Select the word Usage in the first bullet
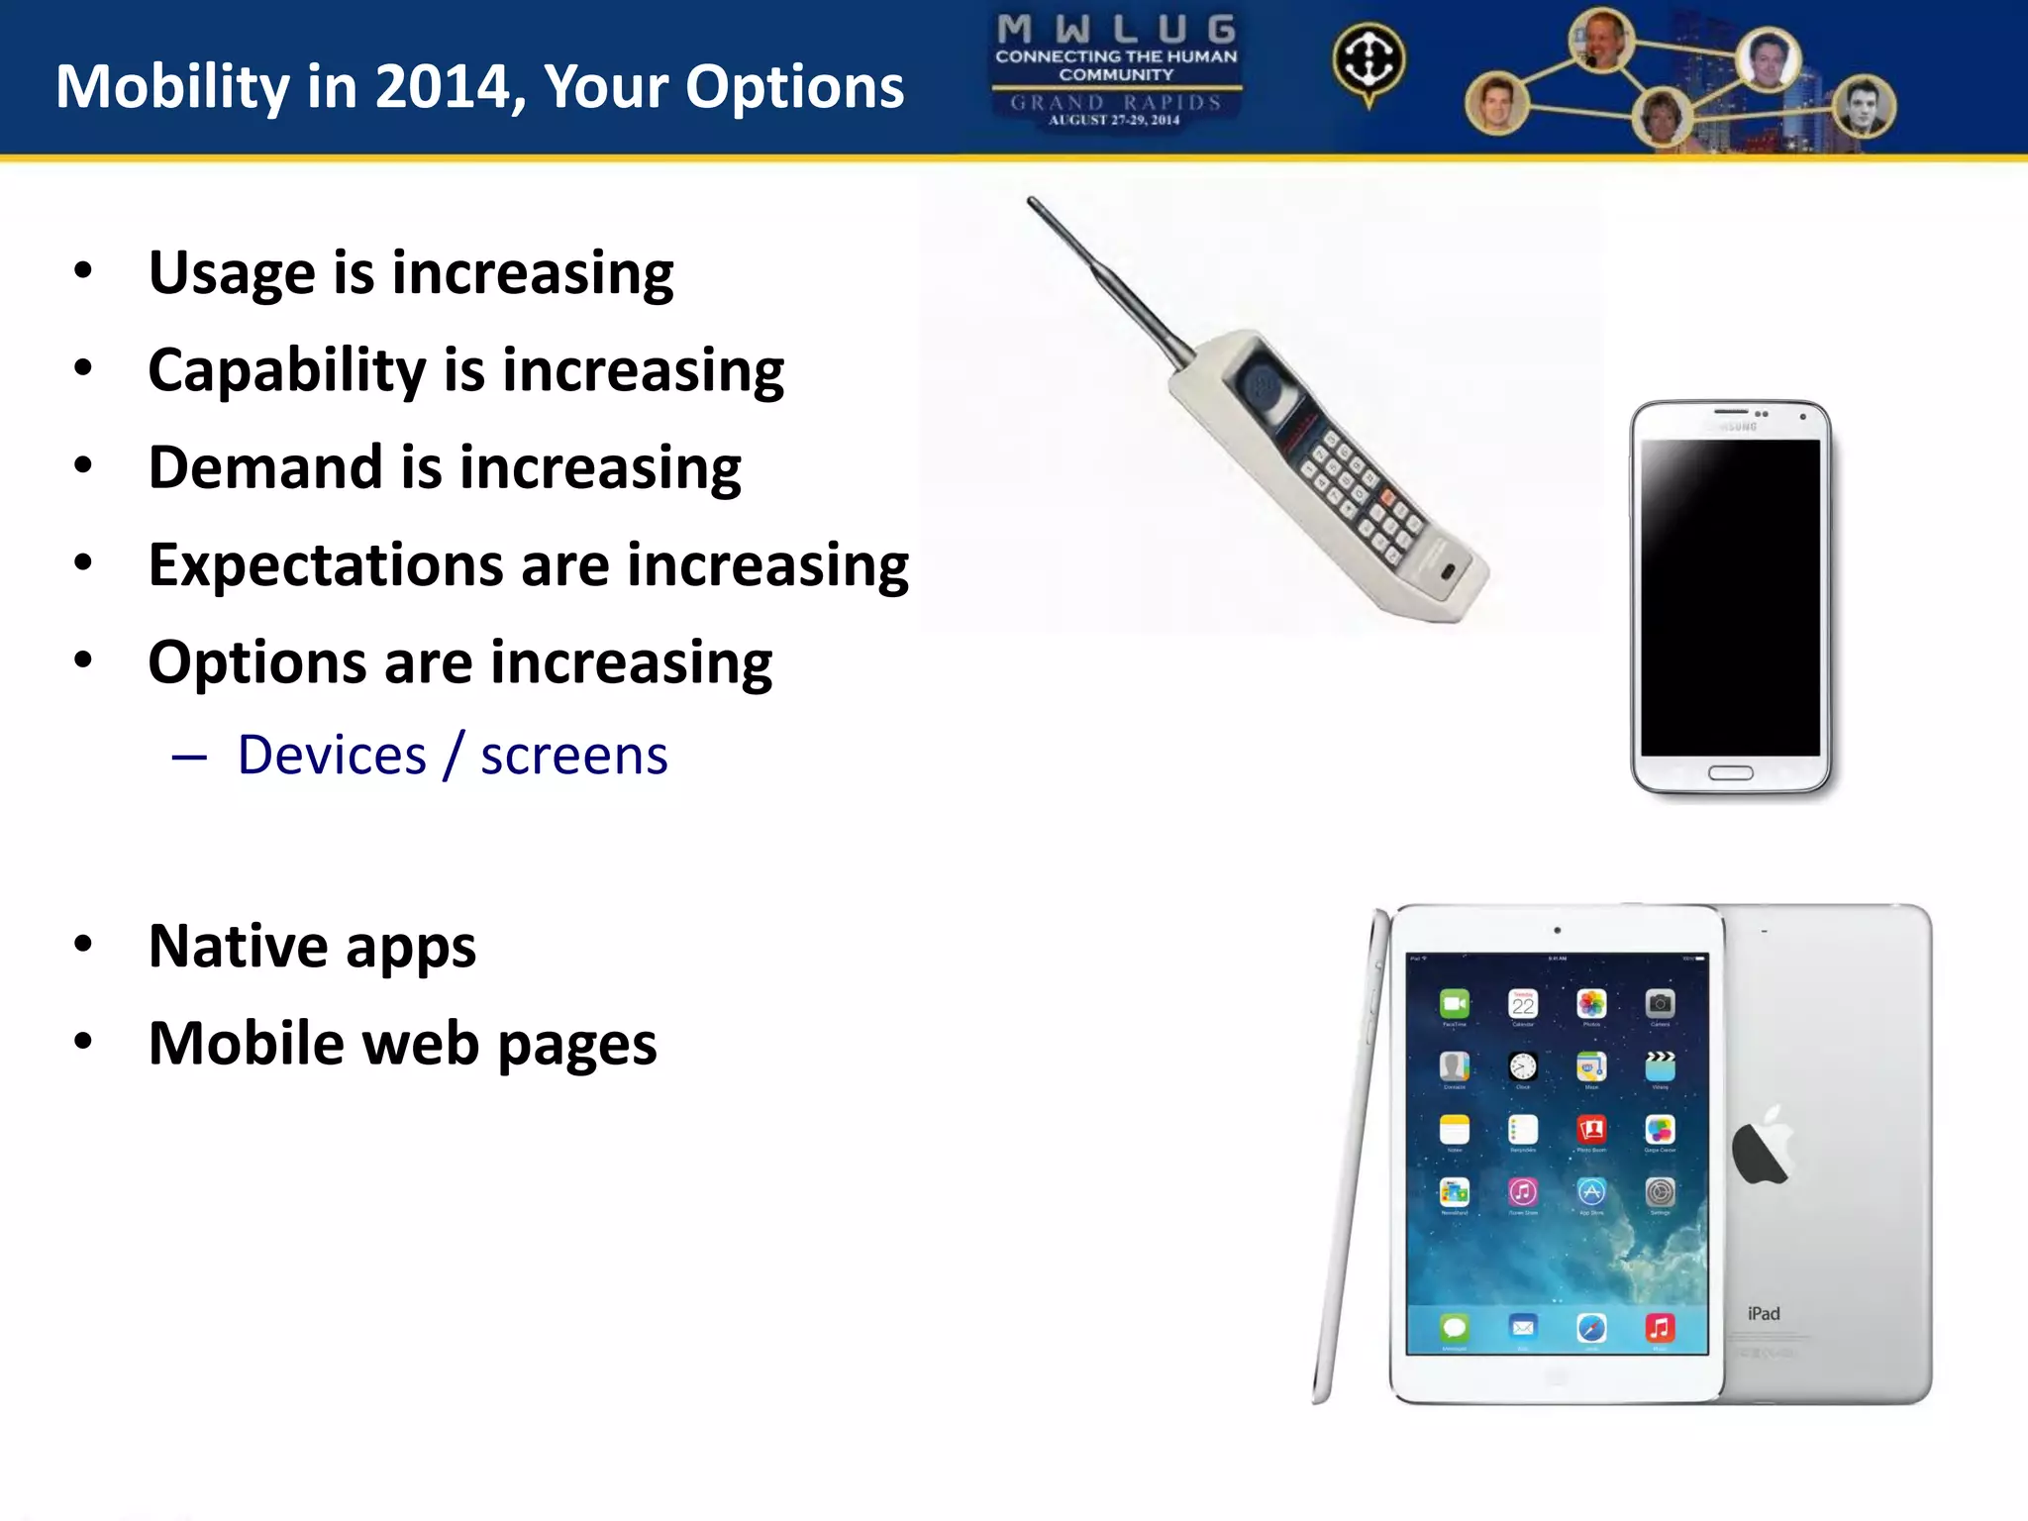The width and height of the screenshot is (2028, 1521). (233, 272)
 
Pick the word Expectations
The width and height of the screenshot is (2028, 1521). (326, 565)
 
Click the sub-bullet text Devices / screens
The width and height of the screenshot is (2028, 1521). (453, 756)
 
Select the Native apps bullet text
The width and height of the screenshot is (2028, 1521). (312, 946)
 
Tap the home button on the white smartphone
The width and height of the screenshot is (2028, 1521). (1730, 773)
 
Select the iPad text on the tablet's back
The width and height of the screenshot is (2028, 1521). (1764, 1314)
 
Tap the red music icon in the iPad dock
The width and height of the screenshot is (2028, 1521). (1660, 1328)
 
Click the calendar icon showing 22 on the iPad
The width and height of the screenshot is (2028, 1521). (1523, 1005)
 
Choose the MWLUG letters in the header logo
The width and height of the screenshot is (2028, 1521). (1116, 30)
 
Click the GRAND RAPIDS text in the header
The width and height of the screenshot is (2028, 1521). (1116, 103)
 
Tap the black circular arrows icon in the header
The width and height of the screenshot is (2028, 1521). (1368, 60)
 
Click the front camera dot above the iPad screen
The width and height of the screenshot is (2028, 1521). (1558, 930)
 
